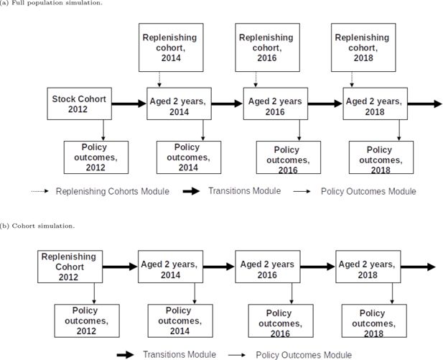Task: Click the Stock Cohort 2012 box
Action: [x=80, y=103]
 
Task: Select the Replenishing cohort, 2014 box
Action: [x=171, y=47]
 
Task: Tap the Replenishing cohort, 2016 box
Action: [x=267, y=47]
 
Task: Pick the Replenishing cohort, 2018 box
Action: [x=363, y=47]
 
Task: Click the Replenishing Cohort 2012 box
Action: [x=70, y=267]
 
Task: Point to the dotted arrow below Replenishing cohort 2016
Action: [x=256, y=80]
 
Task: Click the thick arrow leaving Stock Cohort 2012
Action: [x=129, y=103]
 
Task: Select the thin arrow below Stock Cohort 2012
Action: [x=103, y=130]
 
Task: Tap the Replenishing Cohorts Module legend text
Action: [x=113, y=191]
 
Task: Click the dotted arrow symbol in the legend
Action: [x=39, y=191]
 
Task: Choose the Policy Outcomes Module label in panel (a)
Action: [x=368, y=191]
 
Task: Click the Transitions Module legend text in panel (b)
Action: [x=179, y=355]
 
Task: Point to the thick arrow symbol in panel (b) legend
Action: [x=126, y=355]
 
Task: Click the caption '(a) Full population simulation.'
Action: [x=51, y=3]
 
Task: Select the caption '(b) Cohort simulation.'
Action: [x=37, y=226]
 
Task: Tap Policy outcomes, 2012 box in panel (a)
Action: [x=96, y=157]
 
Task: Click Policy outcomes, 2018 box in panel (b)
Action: [x=374, y=320]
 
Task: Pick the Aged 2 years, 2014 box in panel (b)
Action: [x=170, y=267]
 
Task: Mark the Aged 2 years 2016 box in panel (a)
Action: [x=276, y=103]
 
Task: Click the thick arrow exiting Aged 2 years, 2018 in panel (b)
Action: [x=418, y=267]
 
